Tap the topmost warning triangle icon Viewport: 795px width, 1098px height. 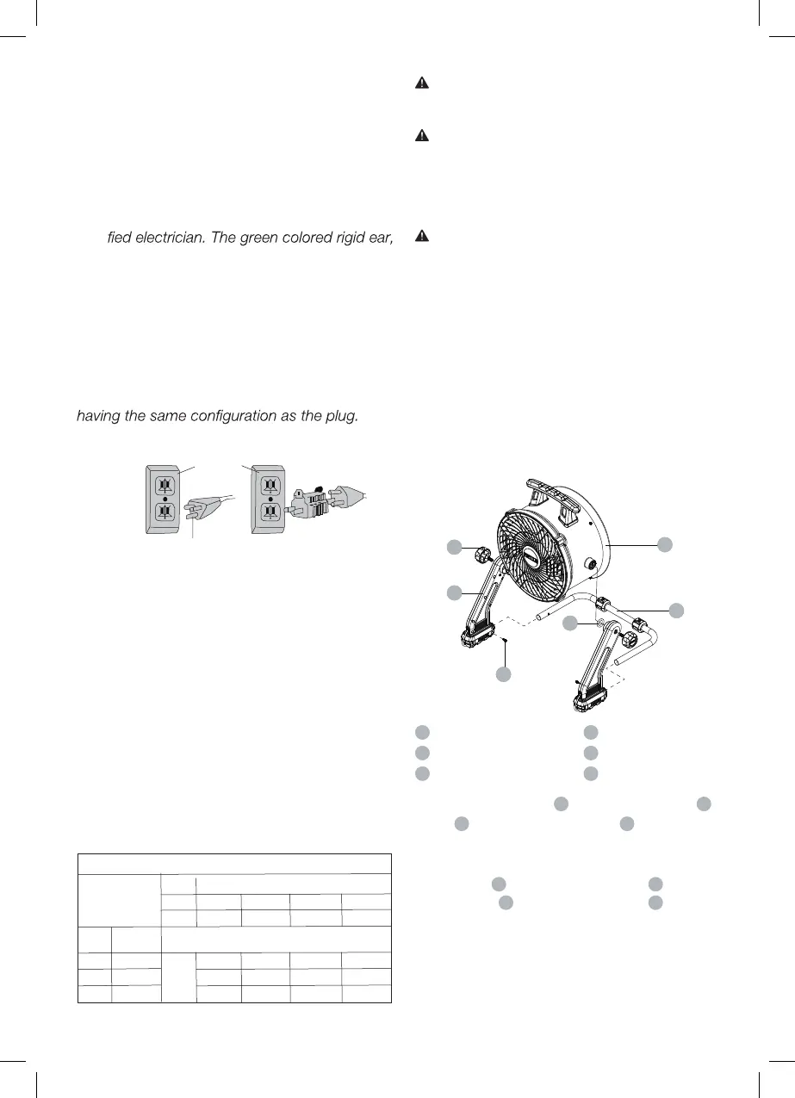422,84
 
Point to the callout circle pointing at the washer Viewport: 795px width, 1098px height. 570,623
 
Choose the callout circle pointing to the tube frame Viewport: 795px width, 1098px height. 677,610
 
